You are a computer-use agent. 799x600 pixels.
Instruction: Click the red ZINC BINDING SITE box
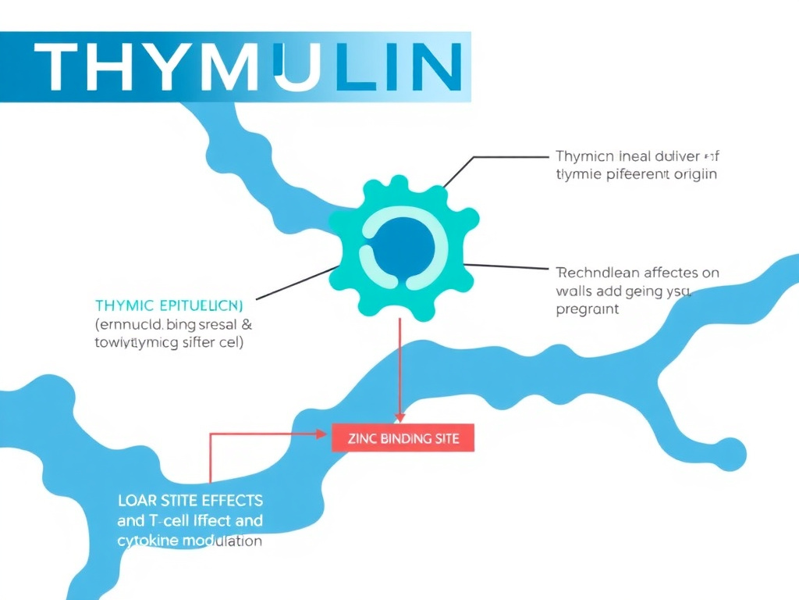tap(403, 438)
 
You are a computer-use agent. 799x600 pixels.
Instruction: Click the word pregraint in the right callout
tap(588, 309)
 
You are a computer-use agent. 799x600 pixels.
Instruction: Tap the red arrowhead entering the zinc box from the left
tap(323, 433)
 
